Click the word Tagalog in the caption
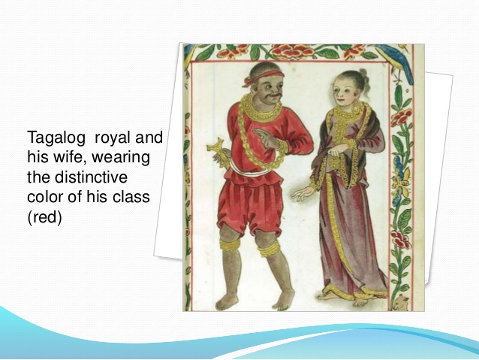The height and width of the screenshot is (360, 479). coord(56,138)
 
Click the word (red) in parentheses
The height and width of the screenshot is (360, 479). coord(44,217)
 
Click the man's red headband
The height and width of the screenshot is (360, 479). coord(264,77)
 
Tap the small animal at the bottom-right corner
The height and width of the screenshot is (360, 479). coord(401,302)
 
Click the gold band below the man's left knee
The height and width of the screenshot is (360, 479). coord(269,249)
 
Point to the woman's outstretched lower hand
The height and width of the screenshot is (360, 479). coord(302,194)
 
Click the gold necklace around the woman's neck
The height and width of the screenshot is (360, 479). coord(345,116)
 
